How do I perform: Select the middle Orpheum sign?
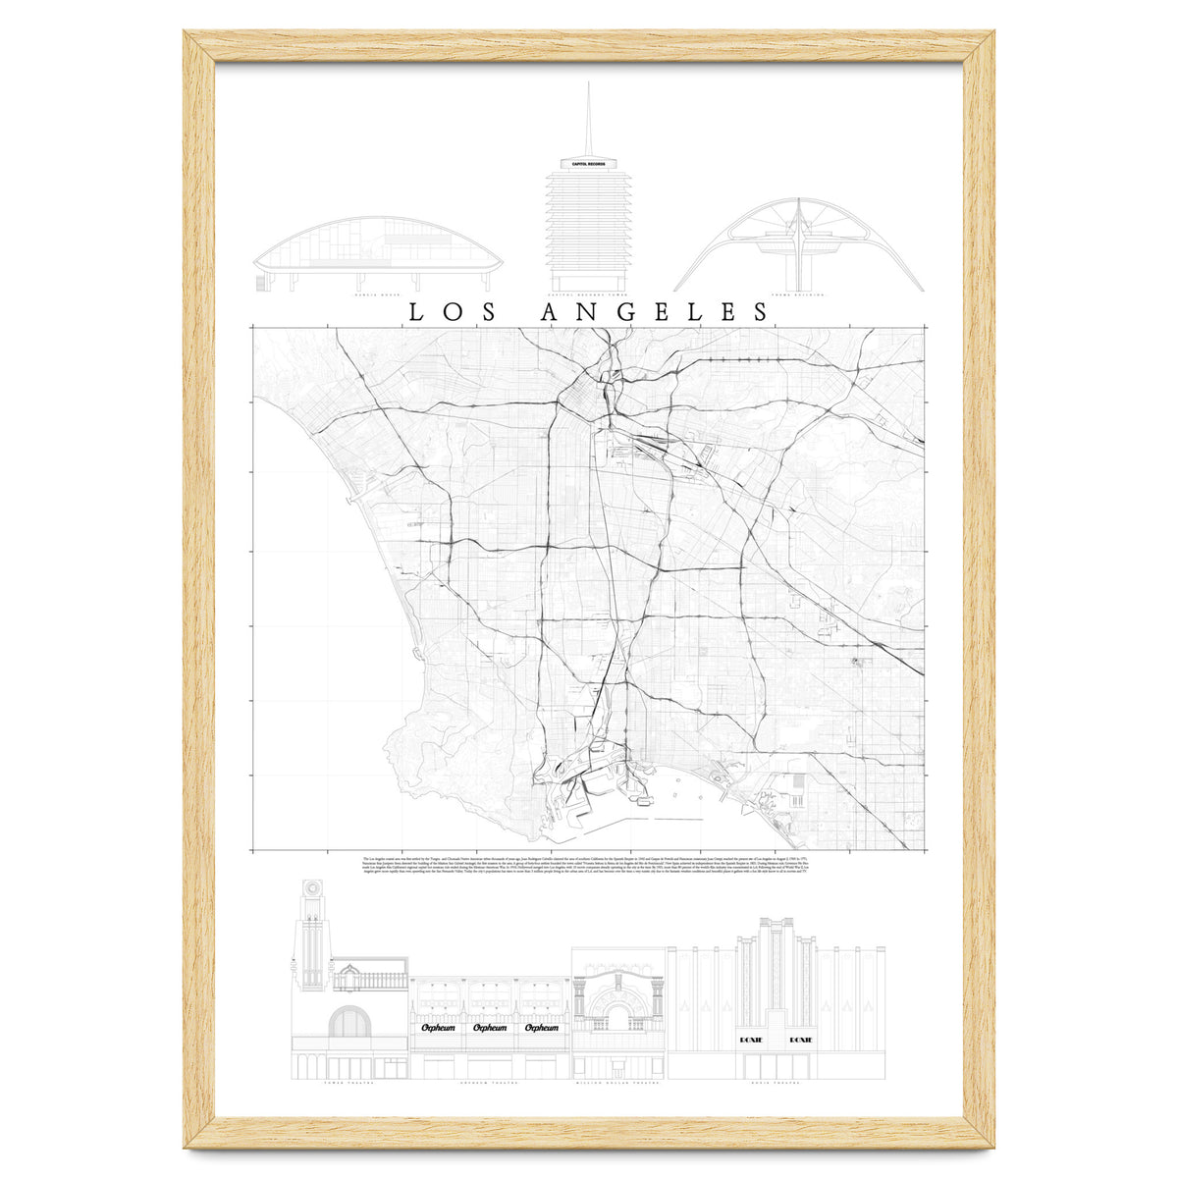(490, 1028)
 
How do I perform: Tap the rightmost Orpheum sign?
(542, 1028)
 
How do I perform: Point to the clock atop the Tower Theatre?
(312, 885)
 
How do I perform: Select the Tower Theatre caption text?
(348, 1087)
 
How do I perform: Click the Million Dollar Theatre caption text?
(618, 1087)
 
